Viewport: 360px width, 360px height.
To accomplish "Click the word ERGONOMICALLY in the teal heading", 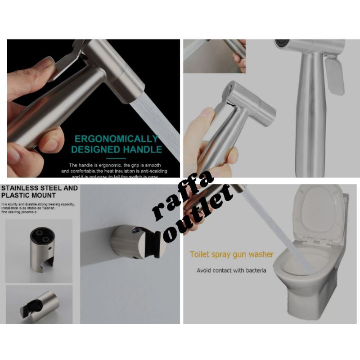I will click(117, 138).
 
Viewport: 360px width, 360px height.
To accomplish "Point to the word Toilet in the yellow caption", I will click(200, 254).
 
